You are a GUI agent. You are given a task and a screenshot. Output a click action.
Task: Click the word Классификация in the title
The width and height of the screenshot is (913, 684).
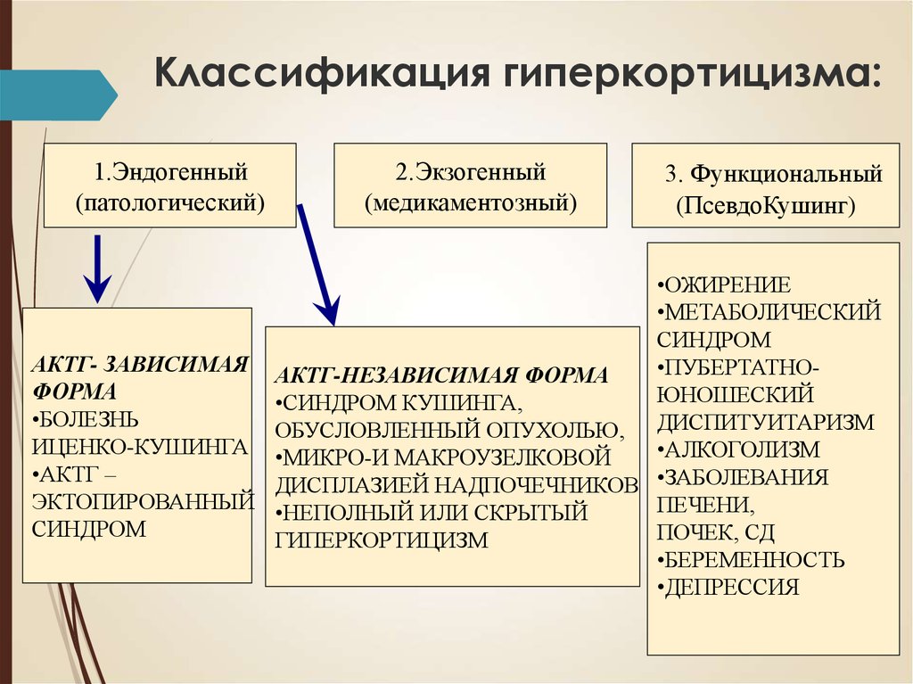click(321, 73)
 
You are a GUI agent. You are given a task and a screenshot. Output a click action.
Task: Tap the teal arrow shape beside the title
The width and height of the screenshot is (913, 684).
click(59, 95)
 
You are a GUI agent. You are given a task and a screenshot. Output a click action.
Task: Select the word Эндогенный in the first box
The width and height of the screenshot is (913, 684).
click(179, 172)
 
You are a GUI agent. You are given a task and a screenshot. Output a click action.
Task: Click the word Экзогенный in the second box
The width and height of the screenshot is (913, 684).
click(478, 172)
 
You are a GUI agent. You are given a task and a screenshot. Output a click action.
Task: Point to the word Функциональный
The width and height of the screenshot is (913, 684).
click(786, 174)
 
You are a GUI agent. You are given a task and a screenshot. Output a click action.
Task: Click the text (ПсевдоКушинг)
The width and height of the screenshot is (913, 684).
click(766, 205)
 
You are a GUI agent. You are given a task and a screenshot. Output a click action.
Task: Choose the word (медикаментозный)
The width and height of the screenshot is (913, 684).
click(471, 202)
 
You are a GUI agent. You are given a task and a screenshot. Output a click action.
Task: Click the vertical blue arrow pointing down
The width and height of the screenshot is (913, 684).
click(97, 269)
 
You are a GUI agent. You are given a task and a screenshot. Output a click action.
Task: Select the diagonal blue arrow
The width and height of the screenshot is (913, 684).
click(318, 265)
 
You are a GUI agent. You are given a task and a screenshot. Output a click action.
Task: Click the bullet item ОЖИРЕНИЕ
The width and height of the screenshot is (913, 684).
click(724, 284)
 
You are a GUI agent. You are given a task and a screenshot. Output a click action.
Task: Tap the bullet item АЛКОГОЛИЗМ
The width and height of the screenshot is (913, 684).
click(738, 449)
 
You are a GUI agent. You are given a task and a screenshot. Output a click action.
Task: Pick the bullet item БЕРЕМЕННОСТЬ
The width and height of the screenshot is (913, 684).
click(751, 559)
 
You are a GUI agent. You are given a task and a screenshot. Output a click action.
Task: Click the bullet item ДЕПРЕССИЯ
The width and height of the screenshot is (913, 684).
click(728, 587)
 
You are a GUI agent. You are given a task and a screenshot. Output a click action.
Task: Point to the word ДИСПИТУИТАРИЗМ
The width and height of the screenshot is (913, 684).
click(766, 422)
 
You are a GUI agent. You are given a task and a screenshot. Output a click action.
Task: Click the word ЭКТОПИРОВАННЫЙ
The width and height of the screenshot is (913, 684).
click(144, 501)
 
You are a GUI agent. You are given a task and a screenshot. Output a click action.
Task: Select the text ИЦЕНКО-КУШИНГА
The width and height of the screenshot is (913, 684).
click(140, 447)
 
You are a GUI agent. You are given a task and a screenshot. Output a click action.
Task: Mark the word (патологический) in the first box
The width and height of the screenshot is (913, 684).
click(170, 202)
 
